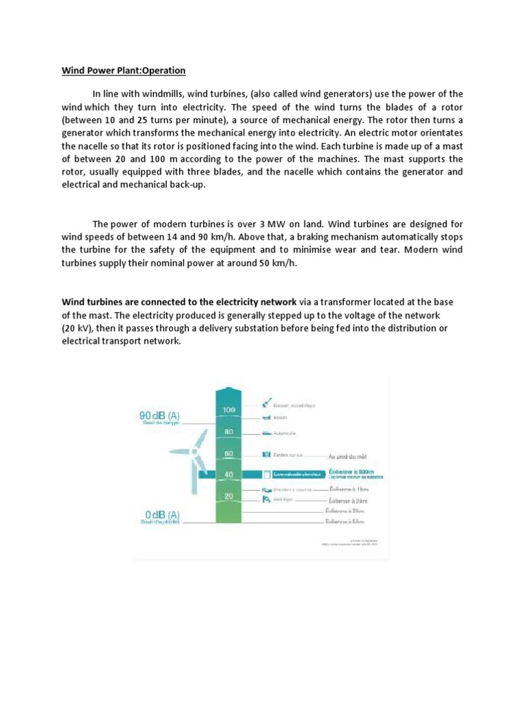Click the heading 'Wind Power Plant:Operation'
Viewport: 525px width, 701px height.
click(124, 71)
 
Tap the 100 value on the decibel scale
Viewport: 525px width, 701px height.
click(229, 409)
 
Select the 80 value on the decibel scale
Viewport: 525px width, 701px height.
click(229, 432)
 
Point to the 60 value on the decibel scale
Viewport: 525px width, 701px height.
click(229, 453)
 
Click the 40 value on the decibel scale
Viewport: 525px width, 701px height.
click(229, 474)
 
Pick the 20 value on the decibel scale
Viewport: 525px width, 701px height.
click(229, 496)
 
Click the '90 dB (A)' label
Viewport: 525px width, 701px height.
click(159, 415)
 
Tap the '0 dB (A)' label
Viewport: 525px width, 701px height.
click(162, 514)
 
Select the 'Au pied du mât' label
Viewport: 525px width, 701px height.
click(353, 455)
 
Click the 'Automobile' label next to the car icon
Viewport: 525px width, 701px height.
click(285, 433)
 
